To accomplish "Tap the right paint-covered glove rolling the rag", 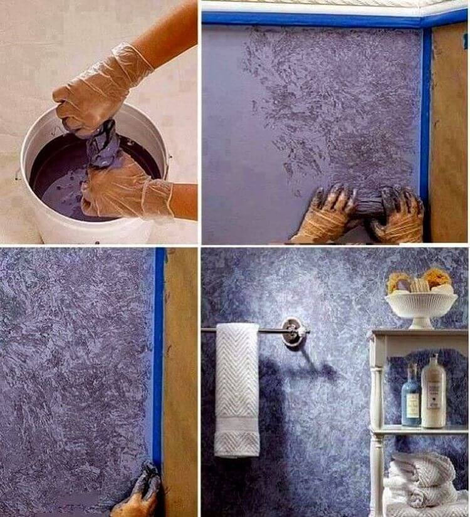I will coord(398,216).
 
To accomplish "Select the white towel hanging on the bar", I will coord(236,389).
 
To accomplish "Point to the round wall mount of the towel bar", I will coord(291,331).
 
